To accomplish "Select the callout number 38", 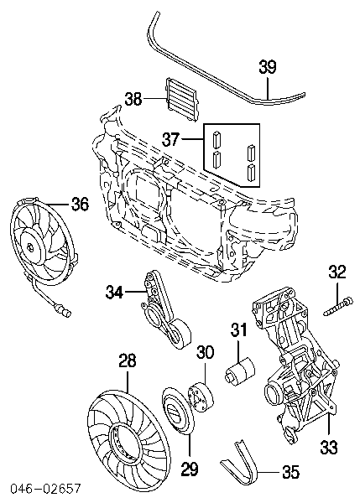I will click(134, 100).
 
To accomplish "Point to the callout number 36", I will click(79, 204).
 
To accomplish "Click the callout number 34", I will click(115, 292).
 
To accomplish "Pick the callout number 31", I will click(239, 332).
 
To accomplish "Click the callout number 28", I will click(127, 362).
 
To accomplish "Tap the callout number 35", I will click(290, 472).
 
